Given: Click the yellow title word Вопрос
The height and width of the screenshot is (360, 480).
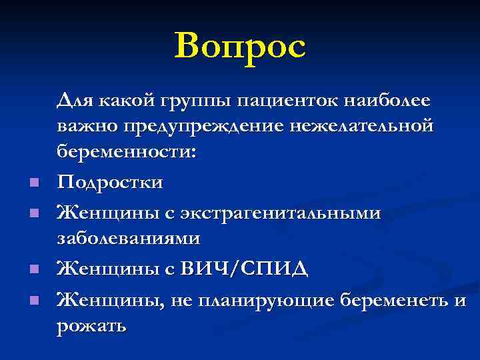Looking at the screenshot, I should pyautogui.click(x=240, y=46).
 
